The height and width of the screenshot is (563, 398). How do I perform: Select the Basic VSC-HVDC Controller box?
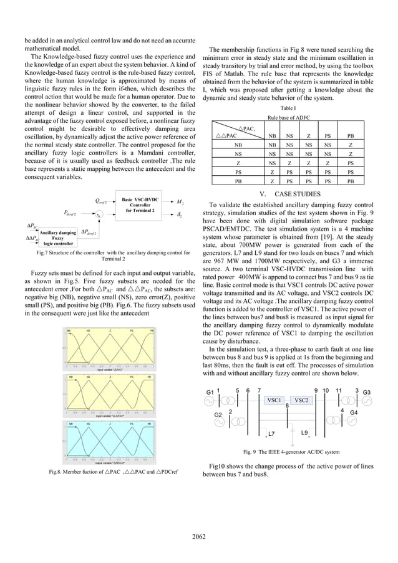140,205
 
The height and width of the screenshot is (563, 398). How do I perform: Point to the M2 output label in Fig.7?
180,201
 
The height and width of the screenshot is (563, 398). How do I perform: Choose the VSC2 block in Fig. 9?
303,399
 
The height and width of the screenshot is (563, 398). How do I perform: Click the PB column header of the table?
351,134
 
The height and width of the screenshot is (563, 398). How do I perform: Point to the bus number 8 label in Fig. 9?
286,406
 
